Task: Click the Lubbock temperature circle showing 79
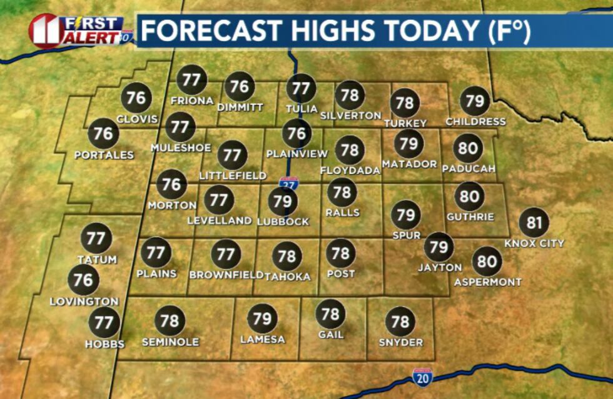283,201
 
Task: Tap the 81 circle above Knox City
534,223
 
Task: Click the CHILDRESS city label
475,121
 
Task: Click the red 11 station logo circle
44,30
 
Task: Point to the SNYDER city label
401,342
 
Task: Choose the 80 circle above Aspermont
487,261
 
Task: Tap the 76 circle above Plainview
297,133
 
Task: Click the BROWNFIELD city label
226,275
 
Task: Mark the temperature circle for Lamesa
263,319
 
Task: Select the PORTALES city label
104,154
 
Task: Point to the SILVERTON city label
350,116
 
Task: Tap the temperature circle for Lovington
83,280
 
